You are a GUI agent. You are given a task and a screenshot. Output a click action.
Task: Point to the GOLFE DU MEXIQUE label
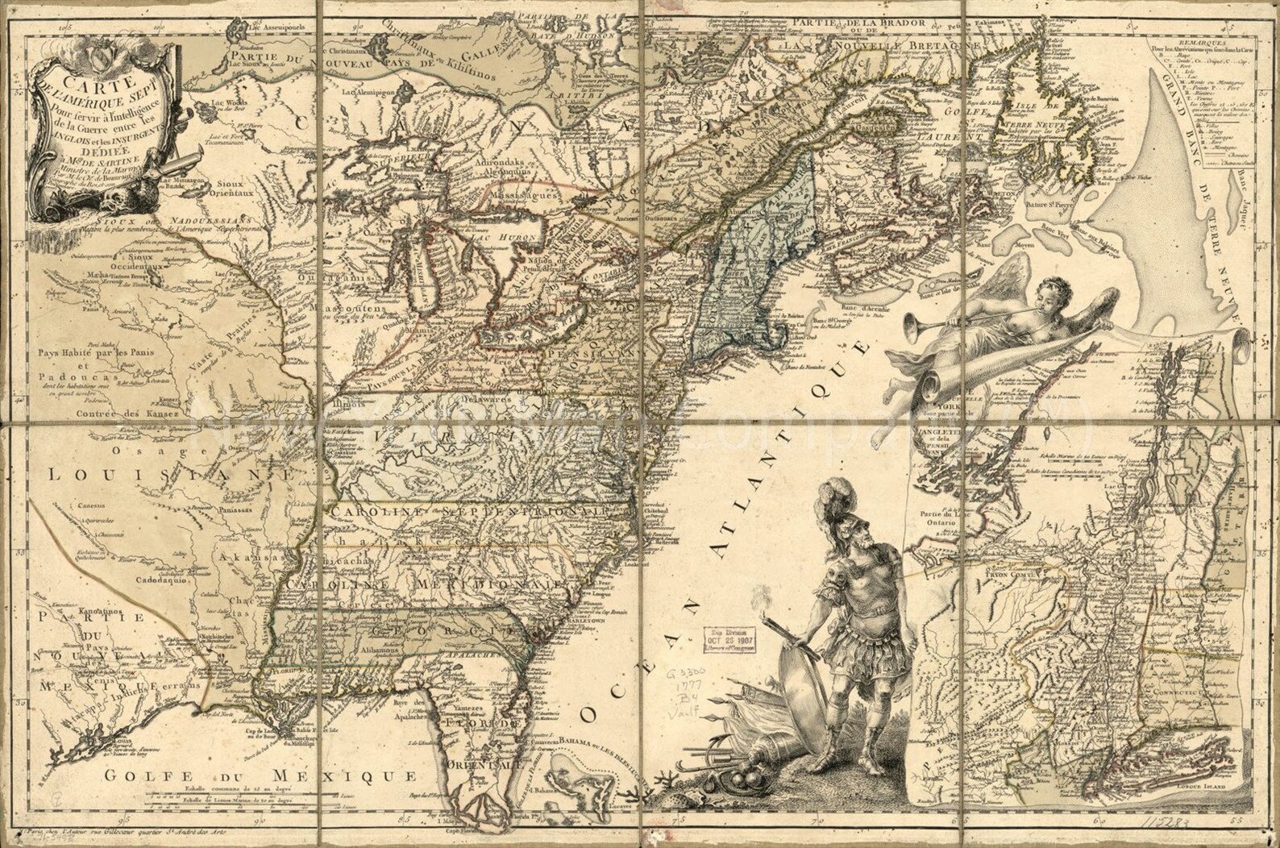[263, 777]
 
